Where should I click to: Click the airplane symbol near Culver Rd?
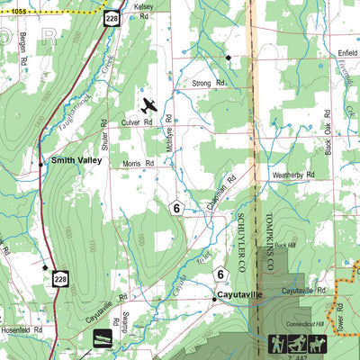pos(148,106)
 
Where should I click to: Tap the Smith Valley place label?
pos(76,162)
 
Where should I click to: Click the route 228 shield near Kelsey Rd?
pos(111,19)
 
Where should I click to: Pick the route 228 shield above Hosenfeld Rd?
pos(60,280)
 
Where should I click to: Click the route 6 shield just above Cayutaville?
pos(219,274)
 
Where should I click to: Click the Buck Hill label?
pos(284,245)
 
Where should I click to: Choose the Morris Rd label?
pos(138,164)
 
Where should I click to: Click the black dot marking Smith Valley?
pos(40,164)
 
